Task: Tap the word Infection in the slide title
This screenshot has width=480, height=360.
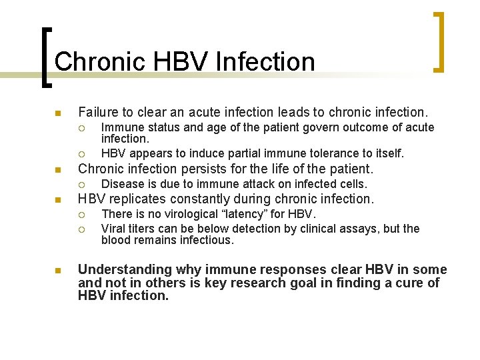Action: click(x=266, y=61)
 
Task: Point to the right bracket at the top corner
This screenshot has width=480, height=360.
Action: click(x=439, y=41)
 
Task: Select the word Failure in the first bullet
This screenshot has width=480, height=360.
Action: click(x=99, y=111)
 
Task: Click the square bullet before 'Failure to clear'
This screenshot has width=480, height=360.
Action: click(x=58, y=112)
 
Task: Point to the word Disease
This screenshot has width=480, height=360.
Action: click(x=121, y=184)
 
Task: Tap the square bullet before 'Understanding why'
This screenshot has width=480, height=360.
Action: click(x=58, y=271)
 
